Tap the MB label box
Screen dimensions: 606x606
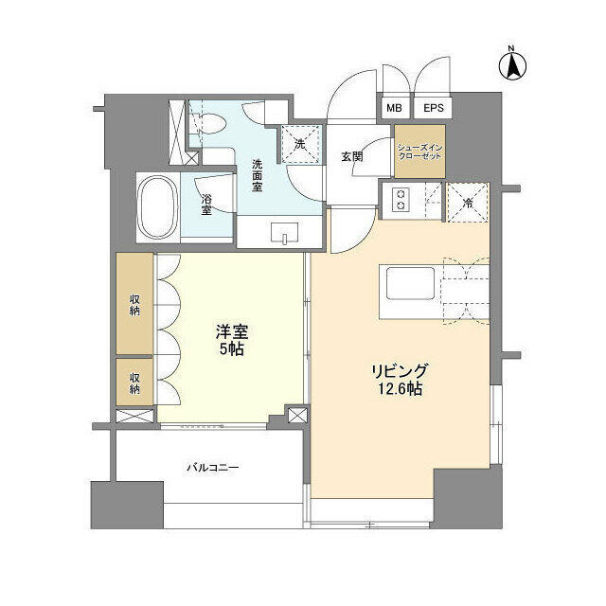[393, 109]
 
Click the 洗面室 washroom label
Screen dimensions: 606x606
[257, 174]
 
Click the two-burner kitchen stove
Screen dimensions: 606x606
[401, 199]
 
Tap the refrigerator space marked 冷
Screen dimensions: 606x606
[467, 199]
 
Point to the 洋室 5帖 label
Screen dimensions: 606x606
[233, 341]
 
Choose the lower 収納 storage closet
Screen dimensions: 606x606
[134, 381]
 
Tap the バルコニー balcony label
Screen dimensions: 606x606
[212, 467]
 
